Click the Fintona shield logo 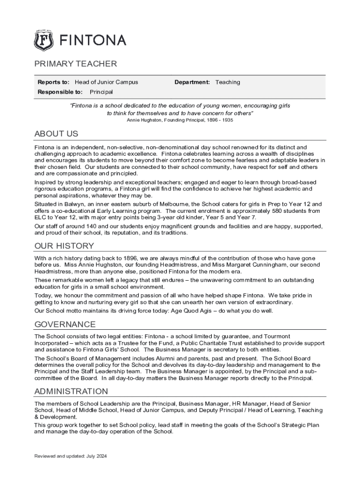pyautogui.click(x=43, y=41)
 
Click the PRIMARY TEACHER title pyautogui.click(x=75, y=64)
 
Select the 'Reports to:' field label pyautogui.click(x=53, y=82)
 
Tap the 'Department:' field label pyautogui.click(x=192, y=82)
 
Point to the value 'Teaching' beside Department pyautogui.click(x=228, y=82)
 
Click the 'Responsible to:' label pyautogui.click(x=60, y=92)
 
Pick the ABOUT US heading pyautogui.click(x=56, y=134)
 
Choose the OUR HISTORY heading pyautogui.click(x=64, y=246)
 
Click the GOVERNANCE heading pyautogui.click(x=65, y=325)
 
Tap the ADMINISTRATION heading pyautogui.click(x=71, y=392)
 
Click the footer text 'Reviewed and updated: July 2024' pyautogui.click(x=71, y=456)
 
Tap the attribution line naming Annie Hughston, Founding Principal pyautogui.click(x=180, y=120)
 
